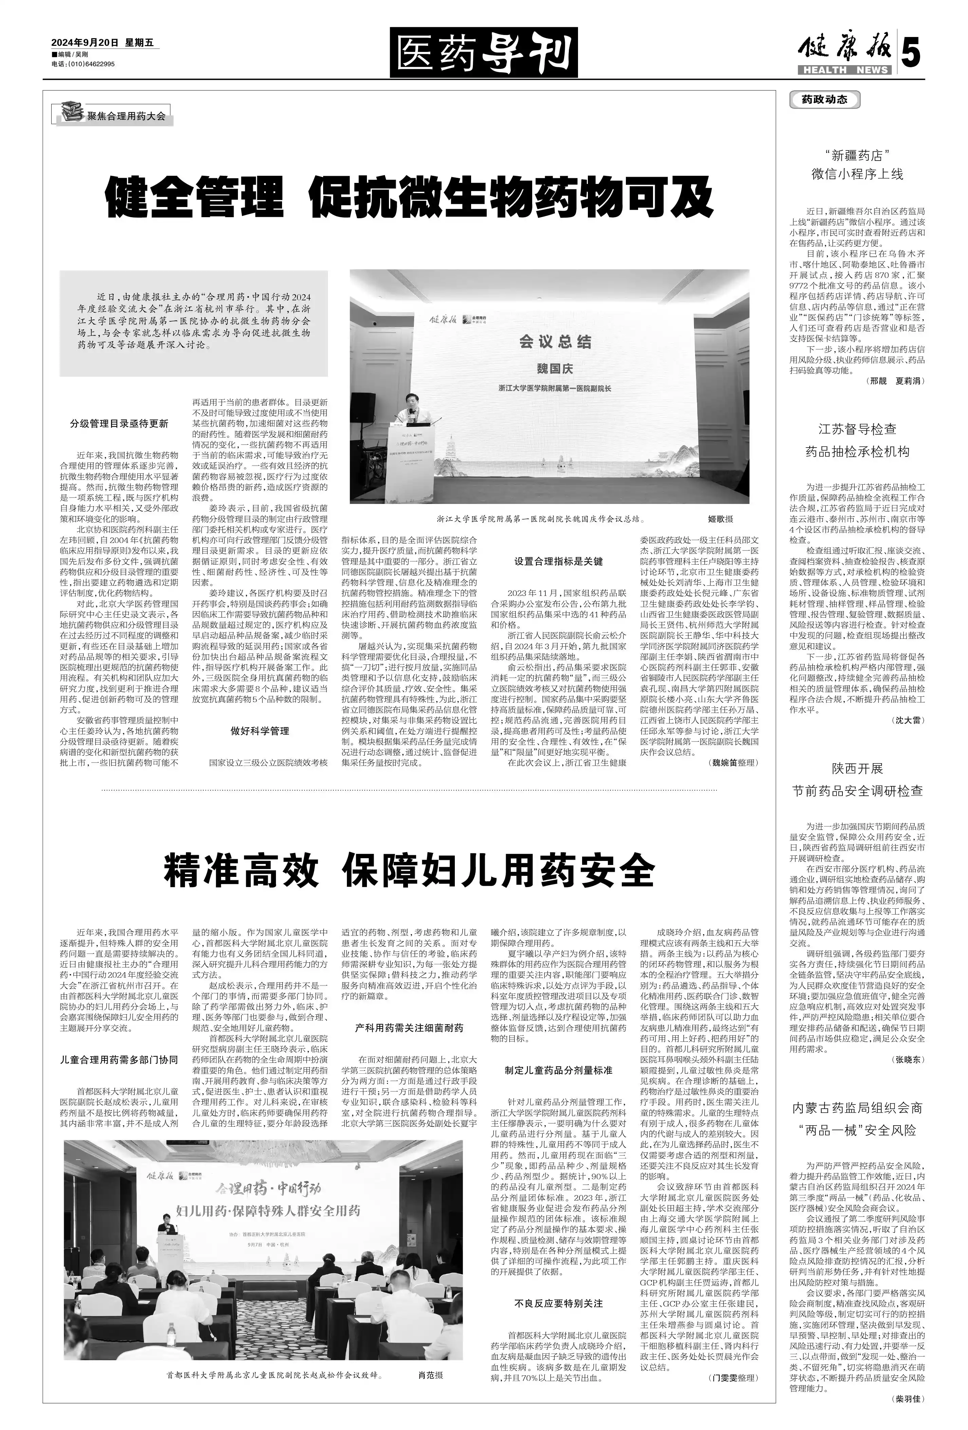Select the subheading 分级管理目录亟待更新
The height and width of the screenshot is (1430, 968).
tap(119, 424)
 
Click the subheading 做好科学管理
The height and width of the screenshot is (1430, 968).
tap(259, 731)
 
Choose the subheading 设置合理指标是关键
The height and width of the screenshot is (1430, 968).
tap(558, 561)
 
